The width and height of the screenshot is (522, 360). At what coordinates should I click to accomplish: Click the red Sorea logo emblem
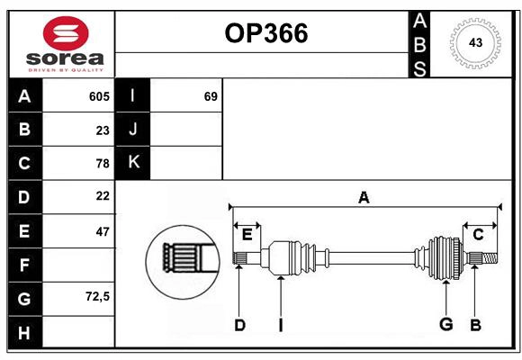click(x=66, y=33)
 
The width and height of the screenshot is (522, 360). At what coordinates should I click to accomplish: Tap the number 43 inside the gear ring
click(x=475, y=42)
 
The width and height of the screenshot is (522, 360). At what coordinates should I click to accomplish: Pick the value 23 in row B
click(x=102, y=130)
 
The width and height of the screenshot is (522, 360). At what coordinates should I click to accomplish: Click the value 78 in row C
click(x=102, y=163)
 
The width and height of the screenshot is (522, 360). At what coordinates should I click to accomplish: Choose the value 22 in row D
click(x=102, y=196)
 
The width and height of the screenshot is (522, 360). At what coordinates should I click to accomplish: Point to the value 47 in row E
click(x=102, y=231)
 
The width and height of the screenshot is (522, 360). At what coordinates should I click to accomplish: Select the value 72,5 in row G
click(x=97, y=297)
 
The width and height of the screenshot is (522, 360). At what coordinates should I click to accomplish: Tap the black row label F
click(x=24, y=265)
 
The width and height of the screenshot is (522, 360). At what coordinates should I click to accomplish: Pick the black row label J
click(x=134, y=130)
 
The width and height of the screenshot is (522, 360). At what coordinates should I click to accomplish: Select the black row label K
click(x=134, y=163)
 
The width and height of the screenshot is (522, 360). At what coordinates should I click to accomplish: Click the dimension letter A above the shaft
click(x=364, y=198)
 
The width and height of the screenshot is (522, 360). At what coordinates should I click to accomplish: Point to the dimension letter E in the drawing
click(x=247, y=235)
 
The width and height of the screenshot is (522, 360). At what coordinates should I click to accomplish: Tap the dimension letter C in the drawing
click(x=479, y=235)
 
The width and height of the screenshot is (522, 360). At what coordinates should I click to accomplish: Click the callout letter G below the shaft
click(x=445, y=324)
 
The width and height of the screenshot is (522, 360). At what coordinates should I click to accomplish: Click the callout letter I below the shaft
click(x=281, y=325)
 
